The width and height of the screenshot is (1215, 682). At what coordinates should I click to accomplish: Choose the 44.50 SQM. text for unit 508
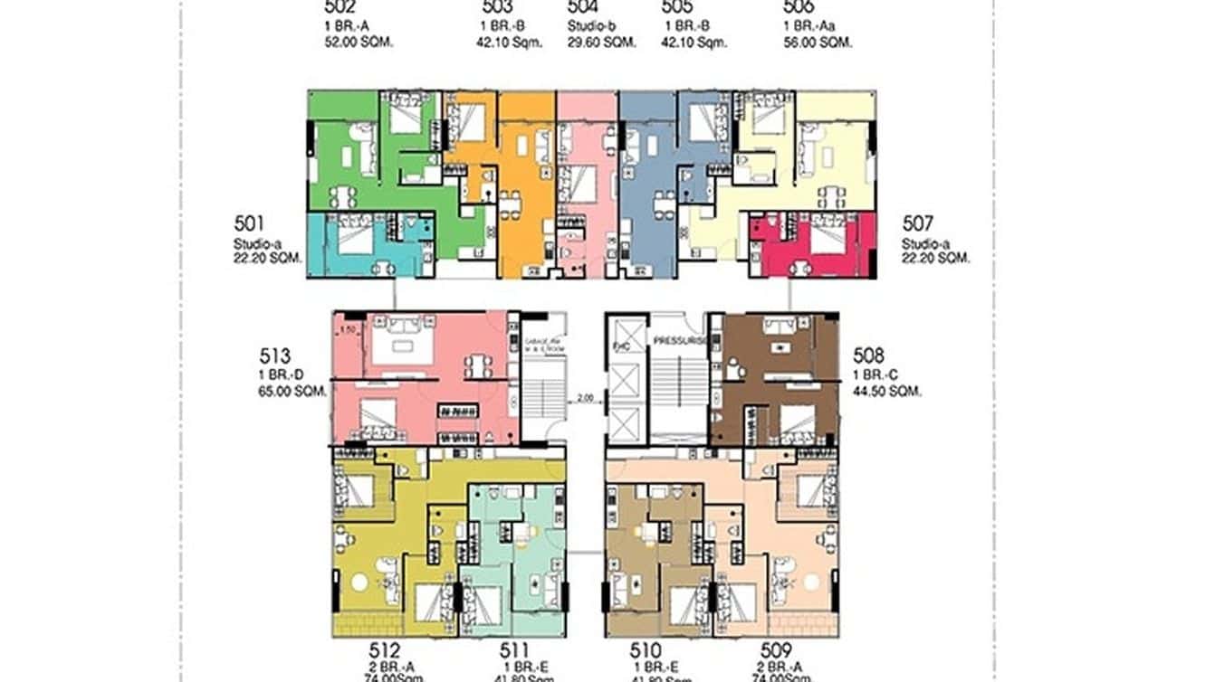(x=886, y=392)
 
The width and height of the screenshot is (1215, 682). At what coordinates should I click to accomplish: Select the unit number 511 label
(x=514, y=649)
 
